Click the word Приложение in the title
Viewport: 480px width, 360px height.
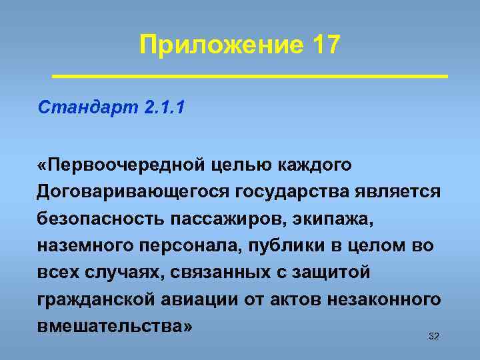[x=220, y=45]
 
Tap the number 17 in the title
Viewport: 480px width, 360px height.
[x=325, y=45]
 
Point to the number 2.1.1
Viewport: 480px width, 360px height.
[x=164, y=108]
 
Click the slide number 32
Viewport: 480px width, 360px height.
[x=433, y=336]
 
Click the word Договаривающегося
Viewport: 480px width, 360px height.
[x=133, y=191]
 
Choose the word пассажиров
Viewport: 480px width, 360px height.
[x=224, y=219]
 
